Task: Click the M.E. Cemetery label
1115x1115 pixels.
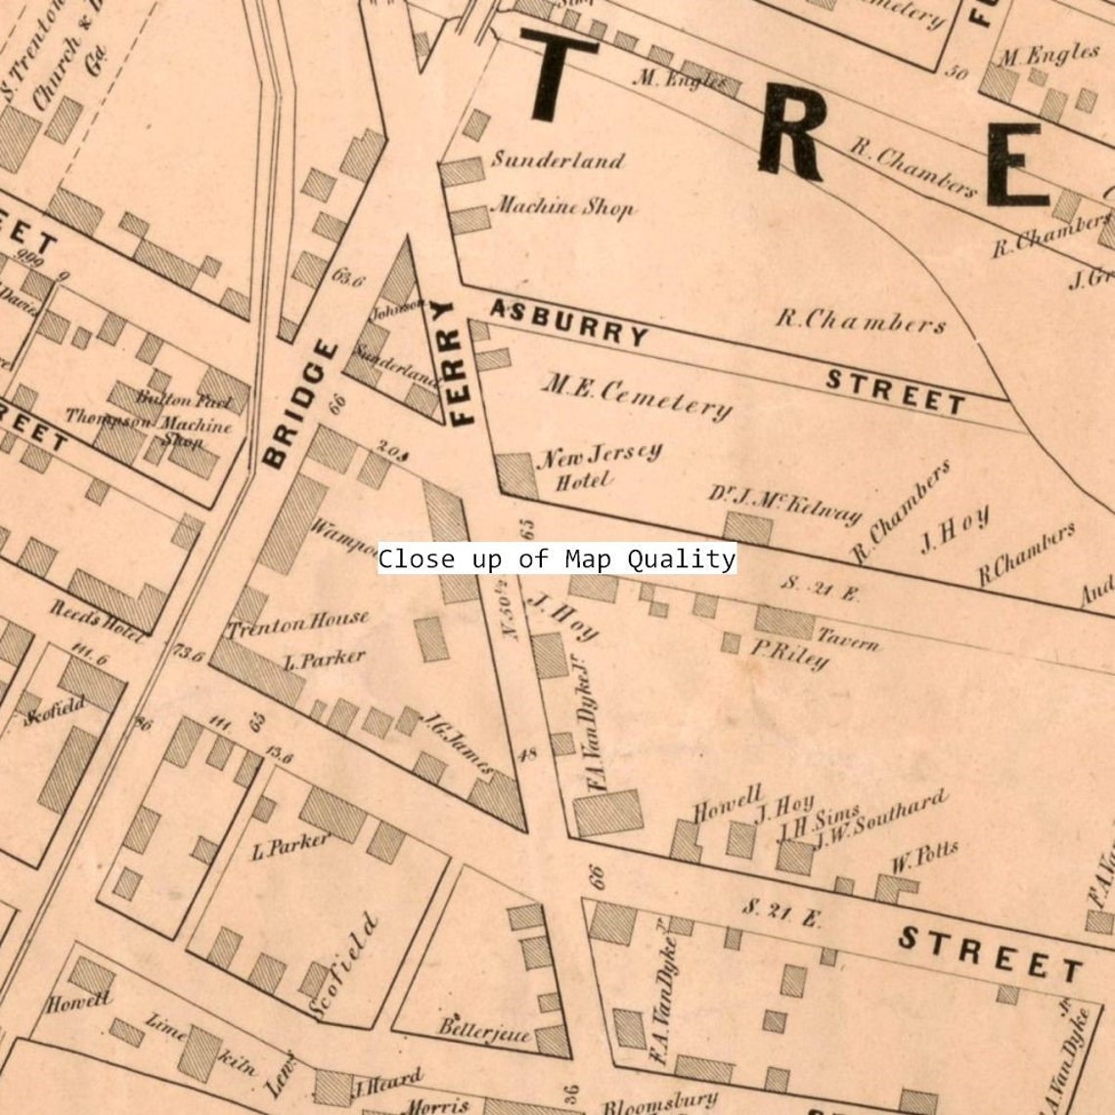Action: (637, 396)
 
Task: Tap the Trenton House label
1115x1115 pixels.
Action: (298, 622)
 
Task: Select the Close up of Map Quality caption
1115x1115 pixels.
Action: (557, 559)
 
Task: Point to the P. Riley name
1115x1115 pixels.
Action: (789, 653)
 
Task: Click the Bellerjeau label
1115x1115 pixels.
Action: (484, 1030)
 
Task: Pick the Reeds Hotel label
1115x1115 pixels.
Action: (96, 621)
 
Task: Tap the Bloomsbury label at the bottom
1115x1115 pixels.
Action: (659, 1102)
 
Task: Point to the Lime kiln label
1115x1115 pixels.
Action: (201, 1044)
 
